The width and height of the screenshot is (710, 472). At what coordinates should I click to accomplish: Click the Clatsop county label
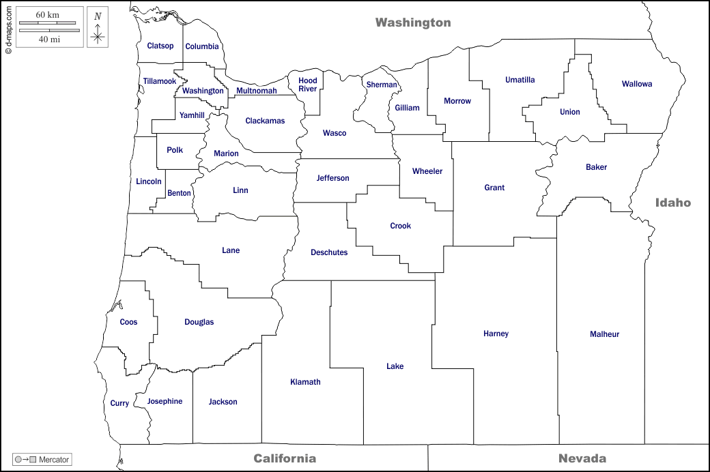point(160,46)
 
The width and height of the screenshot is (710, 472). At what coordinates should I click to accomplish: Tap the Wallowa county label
point(636,85)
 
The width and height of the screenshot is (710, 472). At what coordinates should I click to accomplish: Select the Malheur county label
point(604,334)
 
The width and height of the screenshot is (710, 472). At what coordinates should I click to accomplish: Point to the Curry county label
point(119,404)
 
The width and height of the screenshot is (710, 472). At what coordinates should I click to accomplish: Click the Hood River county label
point(307,85)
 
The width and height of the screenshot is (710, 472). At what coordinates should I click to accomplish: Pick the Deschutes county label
point(329,252)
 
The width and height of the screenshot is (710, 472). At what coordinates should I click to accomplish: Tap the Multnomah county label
point(257,91)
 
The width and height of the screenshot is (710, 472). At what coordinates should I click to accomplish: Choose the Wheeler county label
point(427,171)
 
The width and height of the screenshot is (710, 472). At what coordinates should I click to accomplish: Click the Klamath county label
point(305,382)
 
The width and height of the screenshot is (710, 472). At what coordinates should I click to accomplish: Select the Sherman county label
point(382,85)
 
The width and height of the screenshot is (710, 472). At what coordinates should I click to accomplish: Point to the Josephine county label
point(165,401)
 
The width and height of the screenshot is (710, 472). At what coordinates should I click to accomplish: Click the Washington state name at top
point(413,23)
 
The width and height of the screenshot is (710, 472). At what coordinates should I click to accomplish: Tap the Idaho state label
point(673,203)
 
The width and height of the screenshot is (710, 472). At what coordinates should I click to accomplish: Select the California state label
point(285,458)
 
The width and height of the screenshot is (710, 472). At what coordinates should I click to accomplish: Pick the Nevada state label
point(582,458)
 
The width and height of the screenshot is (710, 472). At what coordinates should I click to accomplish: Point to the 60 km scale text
point(48,15)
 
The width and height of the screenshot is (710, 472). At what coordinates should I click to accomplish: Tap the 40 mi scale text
point(48,40)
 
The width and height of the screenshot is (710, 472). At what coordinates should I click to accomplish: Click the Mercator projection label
point(53,460)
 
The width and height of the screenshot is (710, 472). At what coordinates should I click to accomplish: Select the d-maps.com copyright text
point(8,27)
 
